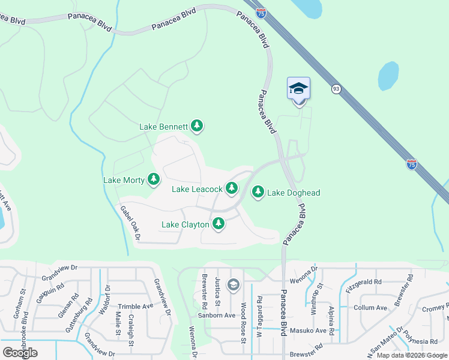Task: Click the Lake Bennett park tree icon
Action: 197,126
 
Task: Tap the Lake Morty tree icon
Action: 154,179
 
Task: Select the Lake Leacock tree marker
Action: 232,188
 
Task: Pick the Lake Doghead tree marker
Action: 258,192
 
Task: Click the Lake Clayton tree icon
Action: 218,224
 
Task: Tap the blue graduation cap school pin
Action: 298,89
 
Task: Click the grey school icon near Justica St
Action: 234,284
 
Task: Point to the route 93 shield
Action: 336,89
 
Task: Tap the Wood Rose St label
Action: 244,323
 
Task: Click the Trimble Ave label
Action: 136,306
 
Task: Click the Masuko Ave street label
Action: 309,331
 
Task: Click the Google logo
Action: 20,352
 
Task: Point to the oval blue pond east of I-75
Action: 388,76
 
